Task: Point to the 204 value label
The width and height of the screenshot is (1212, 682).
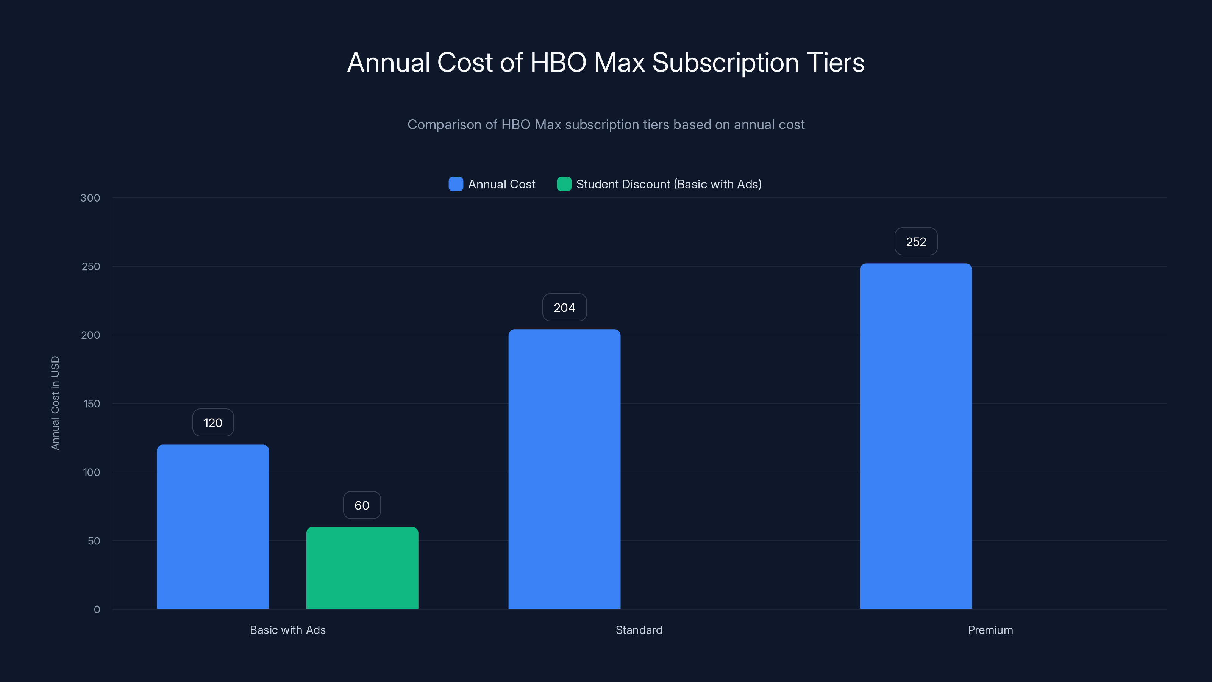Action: [x=564, y=307]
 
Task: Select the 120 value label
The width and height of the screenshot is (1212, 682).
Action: [x=212, y=423]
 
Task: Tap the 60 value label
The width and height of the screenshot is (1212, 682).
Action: [x=362, y=505]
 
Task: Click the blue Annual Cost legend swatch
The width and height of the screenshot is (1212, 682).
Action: [x=455, y=184]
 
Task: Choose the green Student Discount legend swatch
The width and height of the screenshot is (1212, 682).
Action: [x=564, y=184]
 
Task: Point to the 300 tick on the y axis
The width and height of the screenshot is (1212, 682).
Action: [x=91, y=198]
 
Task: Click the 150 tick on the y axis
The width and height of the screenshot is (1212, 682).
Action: [x=92, y=404]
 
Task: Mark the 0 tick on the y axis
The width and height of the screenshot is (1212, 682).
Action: [x=97, y=610]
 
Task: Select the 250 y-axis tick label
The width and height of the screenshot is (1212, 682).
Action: [x=91, y=266]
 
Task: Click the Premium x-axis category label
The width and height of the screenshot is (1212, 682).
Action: [x=990, y=630]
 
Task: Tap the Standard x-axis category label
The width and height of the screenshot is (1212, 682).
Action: [x=639, y=630]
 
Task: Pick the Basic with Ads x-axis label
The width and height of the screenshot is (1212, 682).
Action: [x=287, y=630]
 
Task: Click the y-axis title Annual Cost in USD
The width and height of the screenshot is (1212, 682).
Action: [x=55, y=403]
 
